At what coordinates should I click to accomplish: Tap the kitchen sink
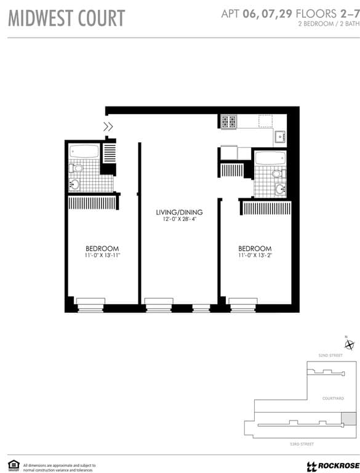279,137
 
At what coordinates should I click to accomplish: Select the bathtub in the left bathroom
83,152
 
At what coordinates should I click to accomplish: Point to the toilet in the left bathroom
77,168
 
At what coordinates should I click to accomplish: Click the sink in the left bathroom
74,184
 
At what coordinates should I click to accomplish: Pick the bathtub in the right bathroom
270,158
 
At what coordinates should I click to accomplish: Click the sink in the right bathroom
279,189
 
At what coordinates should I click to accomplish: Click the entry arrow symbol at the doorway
108,127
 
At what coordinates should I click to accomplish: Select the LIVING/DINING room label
179,212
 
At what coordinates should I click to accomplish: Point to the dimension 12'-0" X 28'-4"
179,220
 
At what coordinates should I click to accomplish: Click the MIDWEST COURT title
66,18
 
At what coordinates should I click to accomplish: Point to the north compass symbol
350,345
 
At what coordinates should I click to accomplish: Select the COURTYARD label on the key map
333,398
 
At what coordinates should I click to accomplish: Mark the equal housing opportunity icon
14,465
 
